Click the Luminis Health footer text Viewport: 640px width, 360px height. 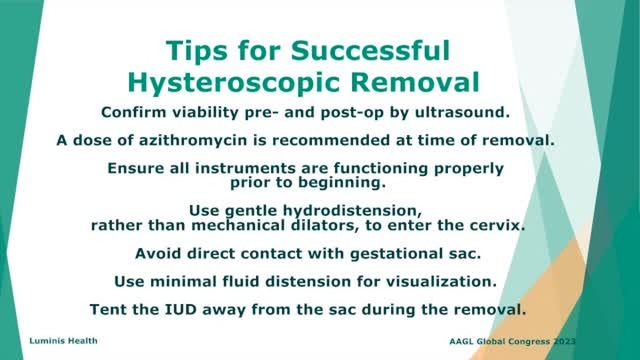click(x=56, y=340)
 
